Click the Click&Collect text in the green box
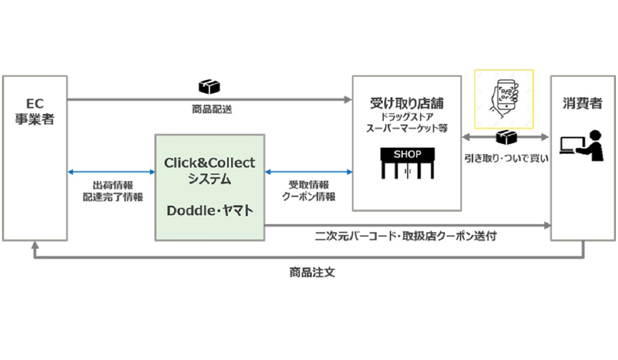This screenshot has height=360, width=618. click(210, 163)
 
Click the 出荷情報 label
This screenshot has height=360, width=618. click(113, 185)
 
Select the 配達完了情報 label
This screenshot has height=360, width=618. click(113, 197)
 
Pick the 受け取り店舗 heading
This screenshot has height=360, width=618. click(407, 103)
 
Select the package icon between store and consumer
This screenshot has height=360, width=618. click(506, 138)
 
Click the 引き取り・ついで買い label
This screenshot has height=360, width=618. click(506, 159)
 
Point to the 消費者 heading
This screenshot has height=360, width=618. click(583, 103)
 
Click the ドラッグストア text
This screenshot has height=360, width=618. click(407, 117)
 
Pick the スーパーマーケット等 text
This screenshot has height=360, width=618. click(407, 128)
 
